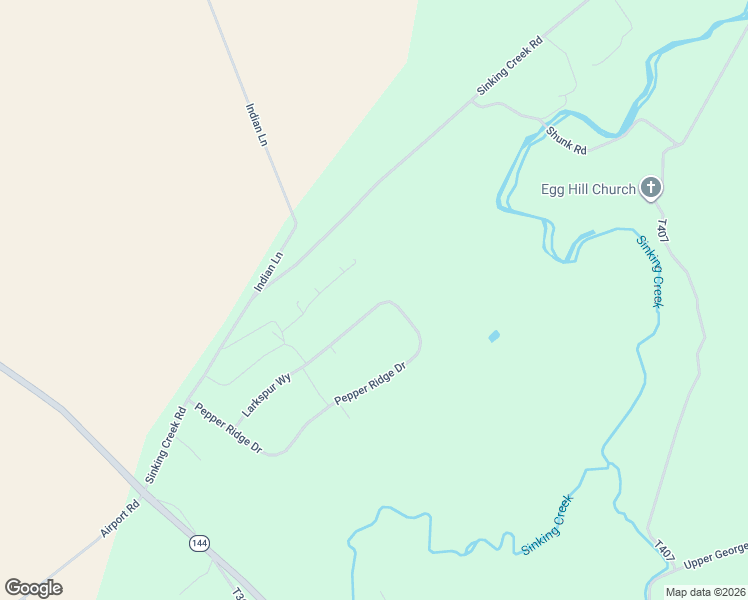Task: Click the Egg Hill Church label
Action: [588, 189]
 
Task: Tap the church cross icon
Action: [651, 187]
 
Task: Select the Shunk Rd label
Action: [566, 139]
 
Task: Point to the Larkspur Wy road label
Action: [266, 395]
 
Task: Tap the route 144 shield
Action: [200, 543]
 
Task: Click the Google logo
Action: [34, 587]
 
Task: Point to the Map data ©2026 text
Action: [706, 592]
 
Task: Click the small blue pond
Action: [494, 336]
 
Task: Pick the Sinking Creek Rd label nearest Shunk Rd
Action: [509, 66]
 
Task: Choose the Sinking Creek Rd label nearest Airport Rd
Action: [166, 445]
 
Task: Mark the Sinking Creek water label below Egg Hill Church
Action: [650, 270]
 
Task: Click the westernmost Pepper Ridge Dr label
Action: [228, 429]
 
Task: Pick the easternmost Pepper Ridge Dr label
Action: [370, 384]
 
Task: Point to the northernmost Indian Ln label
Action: [256, 124]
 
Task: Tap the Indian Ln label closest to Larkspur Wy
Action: [269, 271]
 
